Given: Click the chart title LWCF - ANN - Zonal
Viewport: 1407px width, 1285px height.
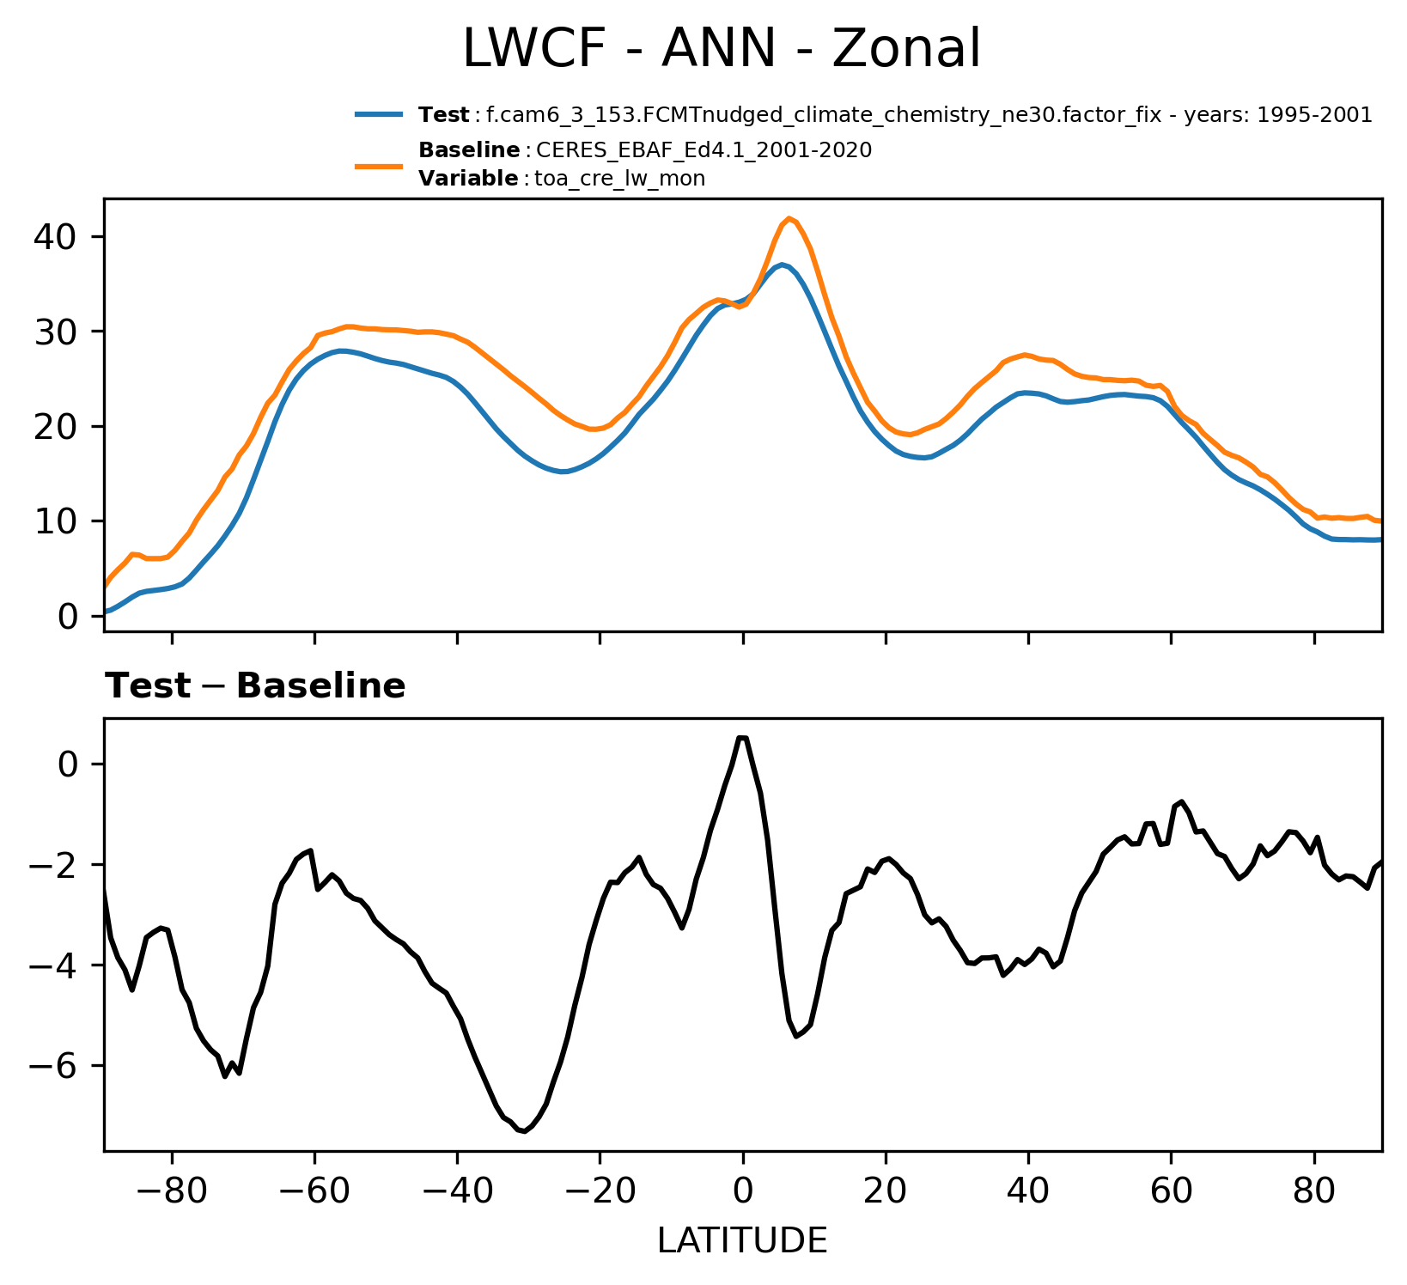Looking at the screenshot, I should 721,49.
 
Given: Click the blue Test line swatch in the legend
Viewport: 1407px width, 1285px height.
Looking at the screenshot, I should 379,114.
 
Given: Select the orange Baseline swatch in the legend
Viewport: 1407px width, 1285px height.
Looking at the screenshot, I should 379,165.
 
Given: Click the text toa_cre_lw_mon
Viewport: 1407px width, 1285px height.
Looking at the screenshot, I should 619,179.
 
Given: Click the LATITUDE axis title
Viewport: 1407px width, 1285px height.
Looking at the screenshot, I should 742,1241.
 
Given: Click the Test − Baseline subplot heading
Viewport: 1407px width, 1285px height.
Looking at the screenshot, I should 255,686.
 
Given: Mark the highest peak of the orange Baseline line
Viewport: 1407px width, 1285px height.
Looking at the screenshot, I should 789,218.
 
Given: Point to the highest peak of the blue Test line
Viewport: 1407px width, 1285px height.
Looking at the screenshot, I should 783,265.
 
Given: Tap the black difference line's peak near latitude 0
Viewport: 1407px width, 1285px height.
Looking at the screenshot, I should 742,737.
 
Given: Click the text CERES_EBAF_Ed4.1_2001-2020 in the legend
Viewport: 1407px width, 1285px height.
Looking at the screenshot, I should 703,150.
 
